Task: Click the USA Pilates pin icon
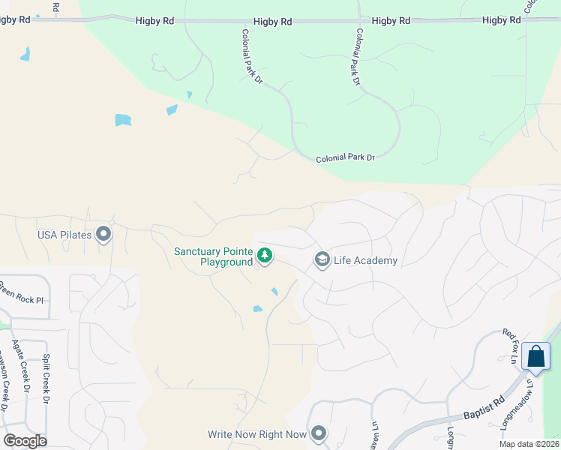pos(103,235)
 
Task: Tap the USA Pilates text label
pos(64,235)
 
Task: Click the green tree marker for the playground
pos(265,256)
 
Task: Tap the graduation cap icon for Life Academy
pos(322,260)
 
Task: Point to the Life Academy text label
pos(366,261)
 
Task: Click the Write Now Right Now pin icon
pos(319,433)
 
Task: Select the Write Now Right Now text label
pos(257,434)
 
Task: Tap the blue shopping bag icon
pos(536,357)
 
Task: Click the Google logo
pos(25,440)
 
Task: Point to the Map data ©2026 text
pos(529,444)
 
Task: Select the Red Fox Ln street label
pos(511,346)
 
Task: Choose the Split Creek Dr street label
pos(46,379)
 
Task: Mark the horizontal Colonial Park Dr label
pos(344,158)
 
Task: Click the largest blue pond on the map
pos(122,120)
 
